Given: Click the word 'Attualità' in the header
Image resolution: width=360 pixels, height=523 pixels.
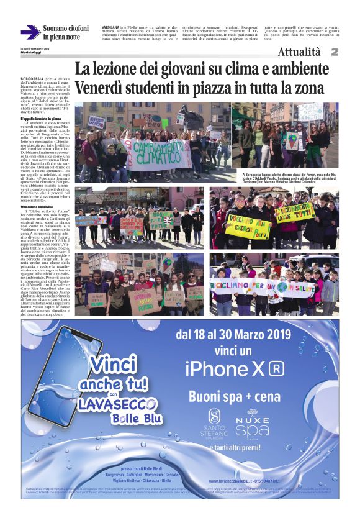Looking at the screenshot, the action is pyautogui.click(x=299, y=52).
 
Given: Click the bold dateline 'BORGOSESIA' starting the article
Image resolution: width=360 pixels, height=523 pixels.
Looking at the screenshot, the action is pyautogui.click(x=32, y=79).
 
